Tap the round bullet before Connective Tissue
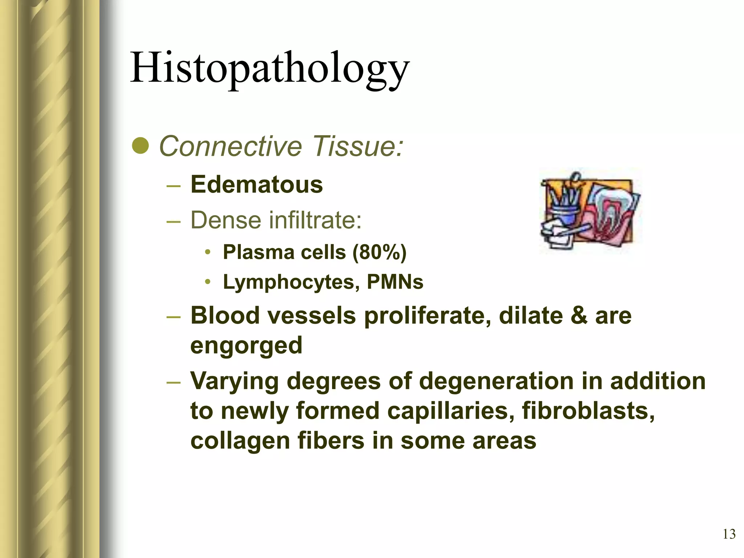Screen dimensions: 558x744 coord(140,146)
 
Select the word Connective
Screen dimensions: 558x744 coord(231,146)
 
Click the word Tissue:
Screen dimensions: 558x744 coord(358,146)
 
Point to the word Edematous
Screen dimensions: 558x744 coord(256,185)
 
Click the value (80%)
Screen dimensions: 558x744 coord(379,252)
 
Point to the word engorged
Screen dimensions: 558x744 coord(246,345)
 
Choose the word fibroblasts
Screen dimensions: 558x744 coord(588,411)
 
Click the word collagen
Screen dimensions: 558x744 coord(240,441)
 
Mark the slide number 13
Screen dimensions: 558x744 coord(729,534)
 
